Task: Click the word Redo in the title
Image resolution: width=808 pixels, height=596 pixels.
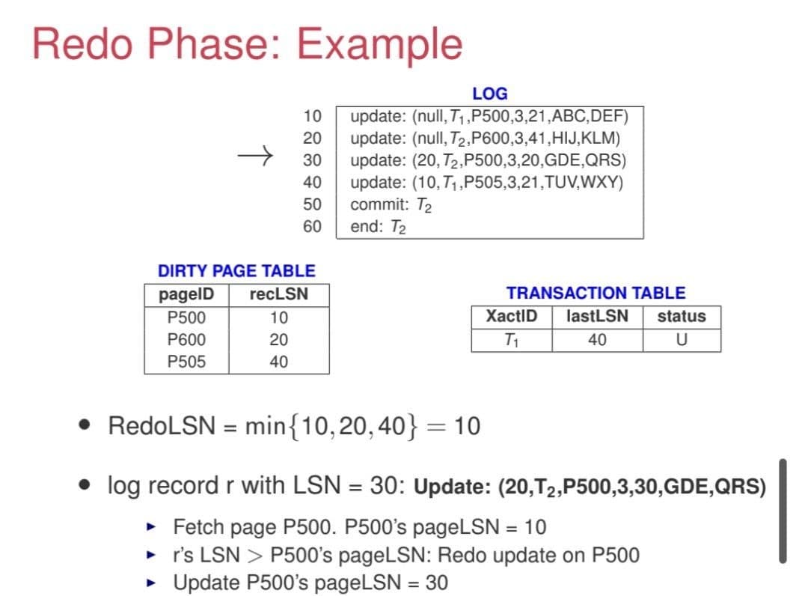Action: pos(82,44)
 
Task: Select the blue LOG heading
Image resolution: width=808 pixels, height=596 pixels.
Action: pos(489,94)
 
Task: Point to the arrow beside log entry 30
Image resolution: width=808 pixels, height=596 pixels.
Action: pos(255,155)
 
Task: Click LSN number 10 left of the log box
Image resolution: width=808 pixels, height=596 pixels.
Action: pos(312,116)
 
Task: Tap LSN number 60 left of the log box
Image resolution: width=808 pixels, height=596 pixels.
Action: pos(312,226)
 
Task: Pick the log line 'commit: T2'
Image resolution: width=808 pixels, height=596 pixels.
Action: pos(391,204)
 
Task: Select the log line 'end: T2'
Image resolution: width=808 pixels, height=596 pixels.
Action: pos(378,227)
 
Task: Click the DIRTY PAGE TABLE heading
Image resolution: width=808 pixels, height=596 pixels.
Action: pos(236,271)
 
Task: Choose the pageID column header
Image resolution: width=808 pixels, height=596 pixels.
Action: pos(186,294)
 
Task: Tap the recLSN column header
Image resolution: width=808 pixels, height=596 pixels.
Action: pos(279,294)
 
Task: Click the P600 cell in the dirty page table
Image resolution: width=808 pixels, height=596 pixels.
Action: pos(186,339)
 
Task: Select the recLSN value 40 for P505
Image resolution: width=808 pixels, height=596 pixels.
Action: pos(279,362)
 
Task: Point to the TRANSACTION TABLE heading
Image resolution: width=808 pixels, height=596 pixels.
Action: pos(596,293)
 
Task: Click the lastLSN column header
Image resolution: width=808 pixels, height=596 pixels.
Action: pos(597,315)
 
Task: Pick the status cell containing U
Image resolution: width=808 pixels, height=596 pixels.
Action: pos(682,339)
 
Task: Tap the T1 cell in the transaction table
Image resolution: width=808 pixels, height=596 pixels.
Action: pos(511,340)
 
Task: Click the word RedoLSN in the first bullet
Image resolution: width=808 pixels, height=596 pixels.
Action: pos(162,426)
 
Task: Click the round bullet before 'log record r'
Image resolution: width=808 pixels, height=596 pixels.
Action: pos(85,484)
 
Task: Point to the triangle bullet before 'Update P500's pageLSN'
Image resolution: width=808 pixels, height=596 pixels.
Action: pos(151,583)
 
